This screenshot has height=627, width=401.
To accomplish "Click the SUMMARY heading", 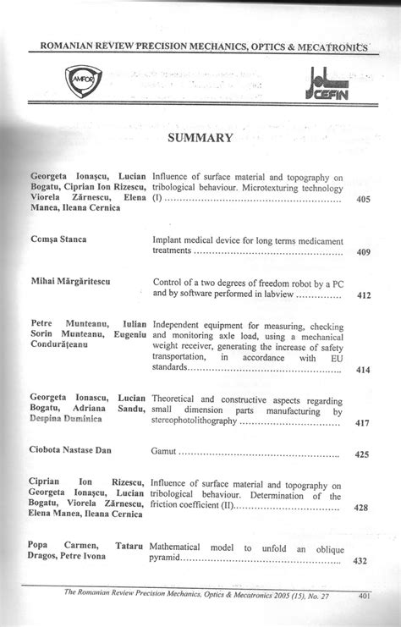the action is pos(200,137).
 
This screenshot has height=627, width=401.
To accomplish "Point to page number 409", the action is pos(363,252).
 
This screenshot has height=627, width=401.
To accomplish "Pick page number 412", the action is pos(363,296).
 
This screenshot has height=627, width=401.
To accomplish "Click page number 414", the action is pos(363,370).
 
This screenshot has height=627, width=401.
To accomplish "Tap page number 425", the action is pos(363,455).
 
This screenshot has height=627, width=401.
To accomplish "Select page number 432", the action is pos(360,560).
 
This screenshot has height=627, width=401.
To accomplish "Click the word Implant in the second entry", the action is pos(169,239).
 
